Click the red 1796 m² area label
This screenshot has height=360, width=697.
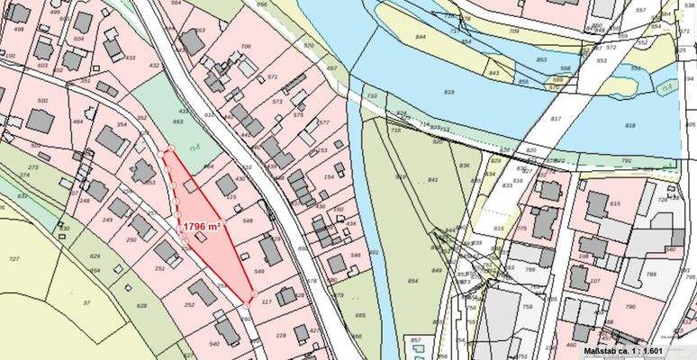click(203, 228)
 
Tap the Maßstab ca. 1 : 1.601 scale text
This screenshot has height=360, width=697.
click(622, 350)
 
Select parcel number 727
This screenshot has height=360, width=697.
click(13, 259)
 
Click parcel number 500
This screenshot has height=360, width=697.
click(41, 100)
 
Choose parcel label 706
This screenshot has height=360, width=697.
click(245, 46)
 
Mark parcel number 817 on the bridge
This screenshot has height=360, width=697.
click(555, 119)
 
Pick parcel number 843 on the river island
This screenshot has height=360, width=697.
click(493, 72)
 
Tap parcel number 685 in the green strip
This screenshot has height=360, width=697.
click(360, 316)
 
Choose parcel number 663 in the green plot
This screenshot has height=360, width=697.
click(178, 120)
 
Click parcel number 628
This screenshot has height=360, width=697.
click(141, 306)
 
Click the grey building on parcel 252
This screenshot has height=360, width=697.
click(203, 292)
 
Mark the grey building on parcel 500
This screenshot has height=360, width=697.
click(40, 121)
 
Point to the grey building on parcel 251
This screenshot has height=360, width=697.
click(167, 252)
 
